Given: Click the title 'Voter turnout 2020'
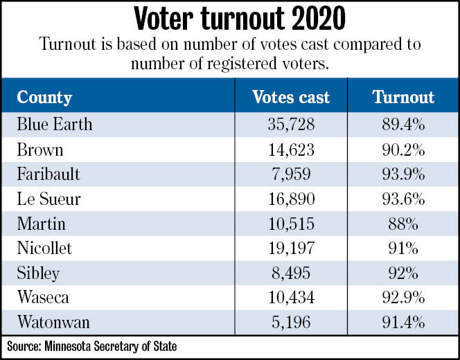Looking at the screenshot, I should coord(229,19).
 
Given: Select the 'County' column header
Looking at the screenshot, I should coord(44,96).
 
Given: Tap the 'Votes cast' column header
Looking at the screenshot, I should coord(290,96).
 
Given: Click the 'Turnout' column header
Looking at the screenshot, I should coord(403,96).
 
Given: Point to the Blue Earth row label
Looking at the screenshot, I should coord(55,125).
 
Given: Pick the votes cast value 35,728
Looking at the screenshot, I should coord(291,125).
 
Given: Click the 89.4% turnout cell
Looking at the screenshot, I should coord(403,125).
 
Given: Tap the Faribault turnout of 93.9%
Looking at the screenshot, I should coord(403,174).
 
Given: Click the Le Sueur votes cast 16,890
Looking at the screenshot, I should coord(291,199).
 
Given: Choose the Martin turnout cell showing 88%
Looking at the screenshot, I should coord(403,224).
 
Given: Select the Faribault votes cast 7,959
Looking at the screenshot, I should coord(291,174).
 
